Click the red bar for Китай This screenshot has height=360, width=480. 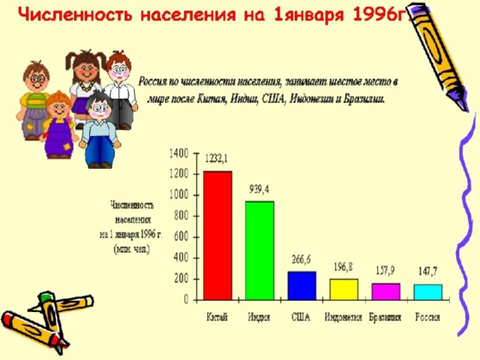[x=217, y=235]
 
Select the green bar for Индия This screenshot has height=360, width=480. [x=259, y=250]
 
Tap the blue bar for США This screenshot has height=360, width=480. [x=301, y=286]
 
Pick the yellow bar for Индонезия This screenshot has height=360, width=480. [x=343, y=289]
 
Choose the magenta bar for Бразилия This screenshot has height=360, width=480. [x=386, y=292]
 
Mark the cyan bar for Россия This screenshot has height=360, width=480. [x=428, y=292]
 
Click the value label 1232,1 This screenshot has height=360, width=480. [x=217, y=158]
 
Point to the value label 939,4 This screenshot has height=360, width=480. [x=259, y=190]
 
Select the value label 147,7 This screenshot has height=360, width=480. [x=428, y=271]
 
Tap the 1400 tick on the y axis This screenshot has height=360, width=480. [x=178, y=153]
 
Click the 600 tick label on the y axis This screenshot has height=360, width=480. [x=181, y=237]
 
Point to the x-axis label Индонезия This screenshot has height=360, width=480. [x=343, y=316]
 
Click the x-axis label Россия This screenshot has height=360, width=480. [x=427, y=316]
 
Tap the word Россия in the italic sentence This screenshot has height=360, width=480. [x=152, y=82]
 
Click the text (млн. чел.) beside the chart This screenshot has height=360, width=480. [x=132, y=249]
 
